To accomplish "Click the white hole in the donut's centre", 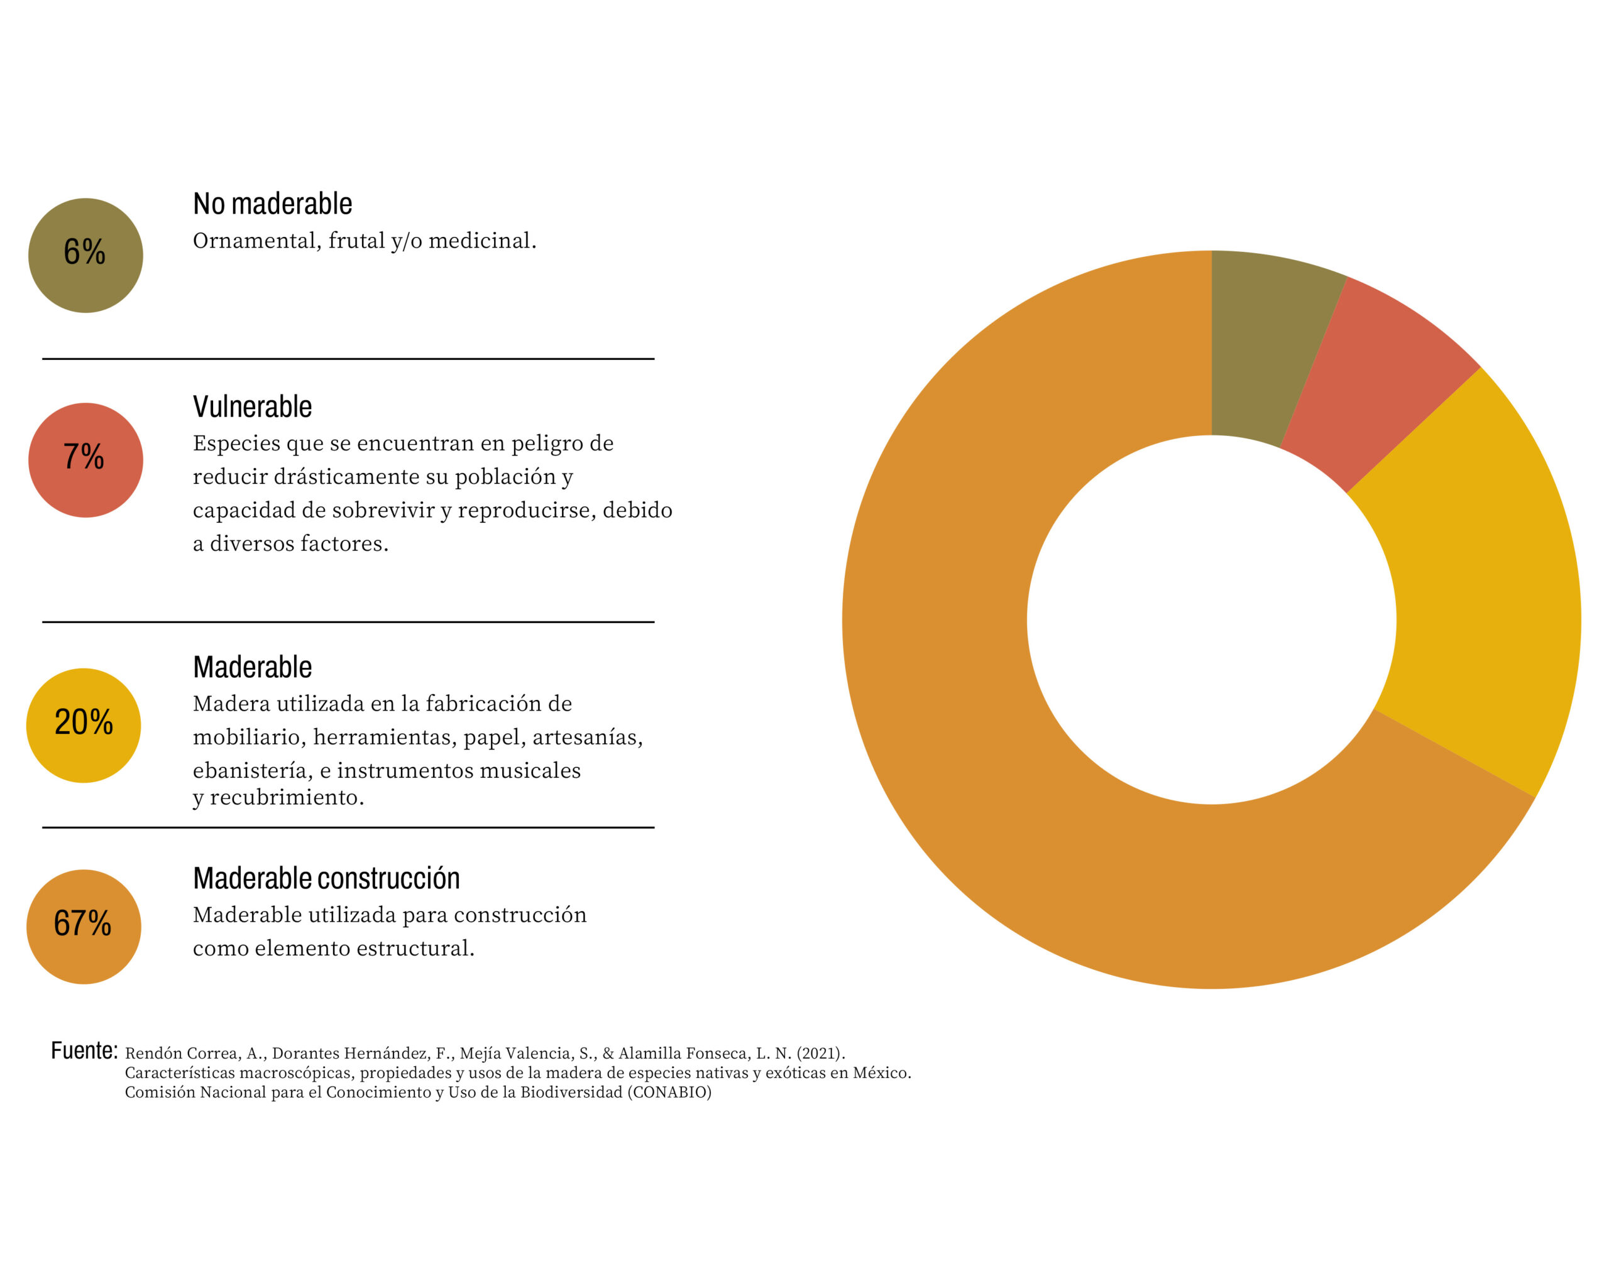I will [x=1211, y=619].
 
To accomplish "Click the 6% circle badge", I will [x=85, y=255].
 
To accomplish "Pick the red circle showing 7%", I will [x=85, y=459].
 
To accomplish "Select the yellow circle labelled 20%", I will [x=84, y=725].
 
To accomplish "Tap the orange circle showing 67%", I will [x=84, y=927].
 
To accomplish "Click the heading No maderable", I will [x=272, y=204].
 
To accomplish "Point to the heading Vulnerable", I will [x=252, y=406].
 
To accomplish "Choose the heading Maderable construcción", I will [x=326, y=878].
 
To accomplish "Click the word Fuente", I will [x=84, y=1050].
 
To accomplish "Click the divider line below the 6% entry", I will [x=348, y=359].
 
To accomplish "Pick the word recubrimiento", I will [x=287, y=798].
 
